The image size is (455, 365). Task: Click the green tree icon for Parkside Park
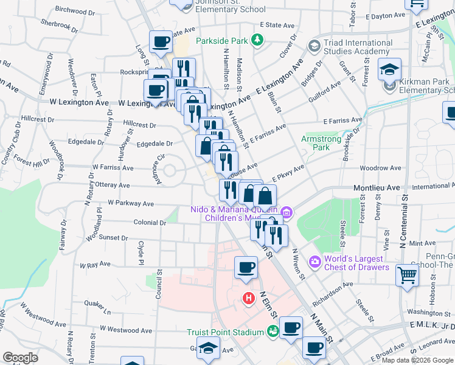pyautogui.click(x=258, y=40)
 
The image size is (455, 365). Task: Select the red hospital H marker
pyautogui.click(x=248, y=299)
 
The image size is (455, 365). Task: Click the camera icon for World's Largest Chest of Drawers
pyautogui.click(x=315, y=262)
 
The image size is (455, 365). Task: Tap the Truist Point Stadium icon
pyautogui.click(x=273, y=332)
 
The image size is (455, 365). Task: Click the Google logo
pyautogui.click(x=20, y=358)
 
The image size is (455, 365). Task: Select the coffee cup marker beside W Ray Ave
pyautogui.click(x=246, y=268)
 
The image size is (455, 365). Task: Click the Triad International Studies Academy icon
pyautogui.click(x=314, y=46)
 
